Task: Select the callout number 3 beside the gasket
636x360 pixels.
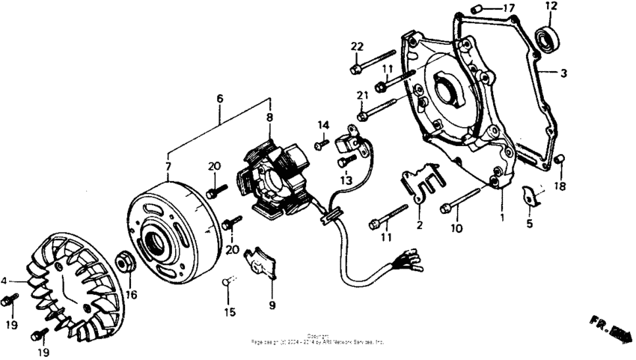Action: pos(564,73)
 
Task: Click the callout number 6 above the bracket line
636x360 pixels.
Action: pos(219,98)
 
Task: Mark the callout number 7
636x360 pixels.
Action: pos(168,165)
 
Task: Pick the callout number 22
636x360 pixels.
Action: pos(357,46)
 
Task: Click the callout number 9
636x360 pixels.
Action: pos(272,305)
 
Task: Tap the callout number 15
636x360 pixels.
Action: pos(230,311)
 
